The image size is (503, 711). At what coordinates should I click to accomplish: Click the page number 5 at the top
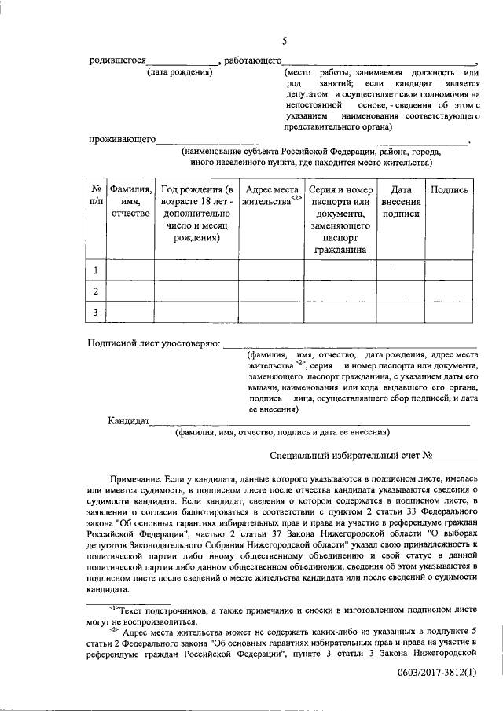tap(285, 41)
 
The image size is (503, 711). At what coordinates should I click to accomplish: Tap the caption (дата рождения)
tap(181, 72)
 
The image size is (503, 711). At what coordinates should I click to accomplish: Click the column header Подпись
tap(450, 189)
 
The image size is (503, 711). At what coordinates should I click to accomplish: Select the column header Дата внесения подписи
tap(401, 201)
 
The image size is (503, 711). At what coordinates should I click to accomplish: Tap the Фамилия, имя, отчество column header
tap(130, 201)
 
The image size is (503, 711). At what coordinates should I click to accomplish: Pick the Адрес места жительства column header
tap(271, 196)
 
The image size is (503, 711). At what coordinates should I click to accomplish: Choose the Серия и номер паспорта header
tap(340, 219)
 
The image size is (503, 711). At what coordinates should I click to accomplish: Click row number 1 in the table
tap(95, 271)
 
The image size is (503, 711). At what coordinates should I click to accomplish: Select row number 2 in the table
tap(95, 292)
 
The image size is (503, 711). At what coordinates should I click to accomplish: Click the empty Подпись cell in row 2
tap(450, 292)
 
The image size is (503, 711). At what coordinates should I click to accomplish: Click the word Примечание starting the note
tap(136, 477)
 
